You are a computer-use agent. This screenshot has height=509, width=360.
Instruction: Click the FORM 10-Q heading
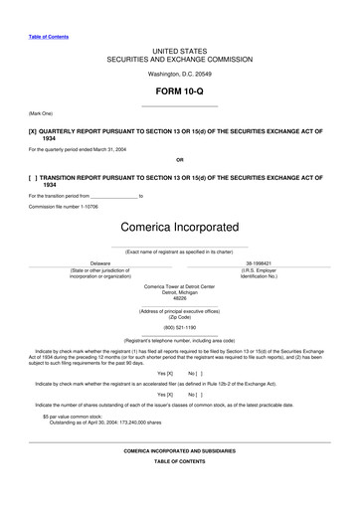(180, 91)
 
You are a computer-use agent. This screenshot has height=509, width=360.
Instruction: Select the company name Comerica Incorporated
(180, 228)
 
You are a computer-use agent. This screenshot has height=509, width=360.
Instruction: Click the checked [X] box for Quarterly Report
(33, 131)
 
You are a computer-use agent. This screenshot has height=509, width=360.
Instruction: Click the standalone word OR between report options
(180, 159)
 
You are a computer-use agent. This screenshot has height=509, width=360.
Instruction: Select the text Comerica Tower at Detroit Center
(180, 286)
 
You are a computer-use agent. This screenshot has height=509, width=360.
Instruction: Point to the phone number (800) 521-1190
(180, 327)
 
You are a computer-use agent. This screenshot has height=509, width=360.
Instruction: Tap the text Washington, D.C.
(167, 74)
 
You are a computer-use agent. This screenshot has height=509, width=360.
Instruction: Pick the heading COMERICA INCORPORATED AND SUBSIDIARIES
(180, 451)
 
